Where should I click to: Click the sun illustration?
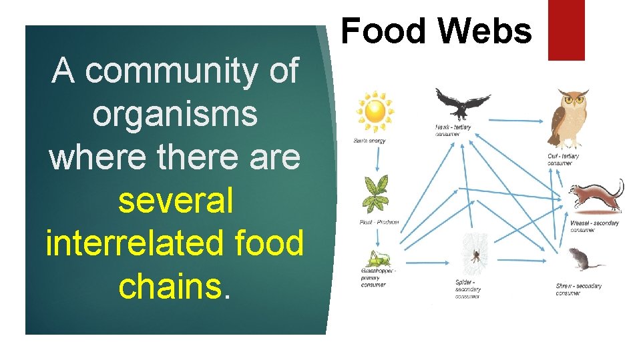375,112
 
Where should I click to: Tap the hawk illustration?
463,104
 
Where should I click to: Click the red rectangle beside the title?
566,30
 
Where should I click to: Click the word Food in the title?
381,31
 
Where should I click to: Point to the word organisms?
175,113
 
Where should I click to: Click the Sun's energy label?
370,141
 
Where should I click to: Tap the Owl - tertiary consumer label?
564,159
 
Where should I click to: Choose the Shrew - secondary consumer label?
578,289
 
